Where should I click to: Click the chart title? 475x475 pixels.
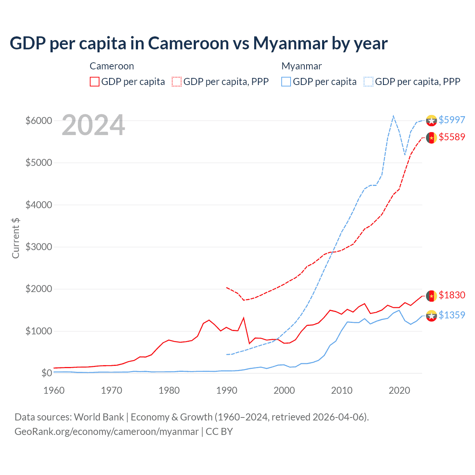click(199, 43)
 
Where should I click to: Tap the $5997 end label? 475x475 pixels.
click(452, 120)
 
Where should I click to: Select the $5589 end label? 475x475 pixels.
click(452, 137)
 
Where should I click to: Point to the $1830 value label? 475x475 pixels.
click(452, 295)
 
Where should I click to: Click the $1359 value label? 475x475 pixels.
click(452, 315)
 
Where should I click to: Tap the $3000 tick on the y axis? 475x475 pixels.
click(39, 247)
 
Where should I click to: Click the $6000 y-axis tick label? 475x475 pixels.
click(39, 121)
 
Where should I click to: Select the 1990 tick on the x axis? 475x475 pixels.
click(227, 390)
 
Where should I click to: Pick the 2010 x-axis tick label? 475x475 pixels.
click(342, 390)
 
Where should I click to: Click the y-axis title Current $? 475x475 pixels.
click(16, 238)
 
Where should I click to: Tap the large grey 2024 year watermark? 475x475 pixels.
click(93, 125)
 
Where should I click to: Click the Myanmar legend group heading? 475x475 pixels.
click(301, 66)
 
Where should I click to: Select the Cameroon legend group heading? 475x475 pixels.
click(112, 66)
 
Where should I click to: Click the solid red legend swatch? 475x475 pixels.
click(95, 82)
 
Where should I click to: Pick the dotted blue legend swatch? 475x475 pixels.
click(368, 82)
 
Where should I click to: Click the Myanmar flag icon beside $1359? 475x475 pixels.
click(431, 316)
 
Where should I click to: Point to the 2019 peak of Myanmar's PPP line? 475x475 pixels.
click(393, 116)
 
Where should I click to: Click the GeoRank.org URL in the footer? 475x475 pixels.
click(107, 432)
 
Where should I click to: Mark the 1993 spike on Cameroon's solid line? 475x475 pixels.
click(243, 318)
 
